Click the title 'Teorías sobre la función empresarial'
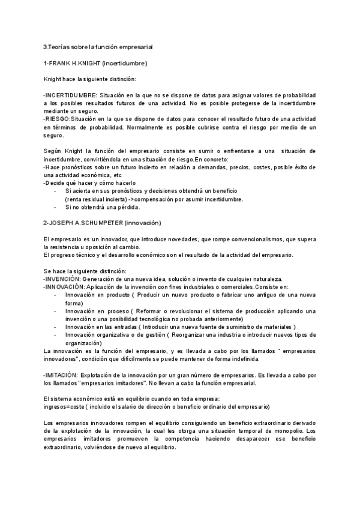[x=99, y=46]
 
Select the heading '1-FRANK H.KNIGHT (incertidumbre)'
[x=95, y=62]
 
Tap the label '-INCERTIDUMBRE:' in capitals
[x=66, y=95]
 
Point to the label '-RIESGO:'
[x=57, y=119]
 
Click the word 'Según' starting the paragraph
[x=52, y=151]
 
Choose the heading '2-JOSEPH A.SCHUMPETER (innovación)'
[x=103, y=223]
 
